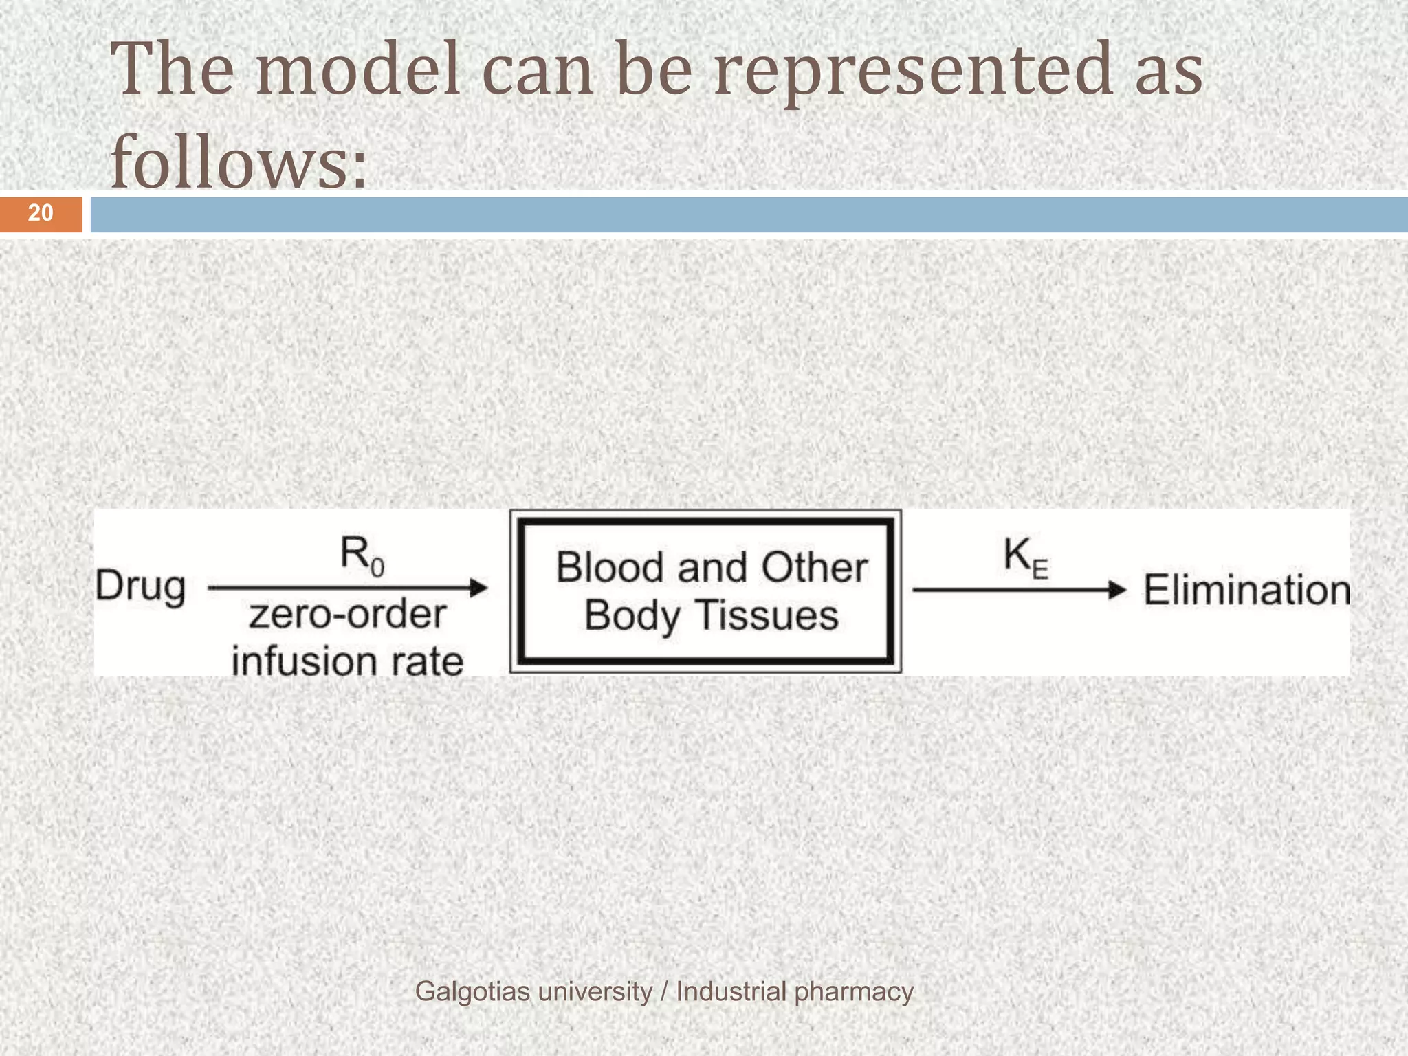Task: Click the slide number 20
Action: pyautogui.click(x=41, y=213)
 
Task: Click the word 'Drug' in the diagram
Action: pyautogui.click(x=141, y=588)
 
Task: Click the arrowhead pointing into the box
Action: pyautogui.click(x=478, y=588)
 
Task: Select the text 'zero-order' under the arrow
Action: pyautogui.click(x=348, y=614)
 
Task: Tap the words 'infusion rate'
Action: pyautogui.click(x=348, y=661)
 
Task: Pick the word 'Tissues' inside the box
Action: pyautogui.click(x=769, y=615)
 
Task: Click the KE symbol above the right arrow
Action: pyautogui.click(x=1025, y=557)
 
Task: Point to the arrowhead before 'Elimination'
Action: pyautogui.click(x=1118, y=590)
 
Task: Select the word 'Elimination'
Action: pyautogui.click(x=1246, y=591)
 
